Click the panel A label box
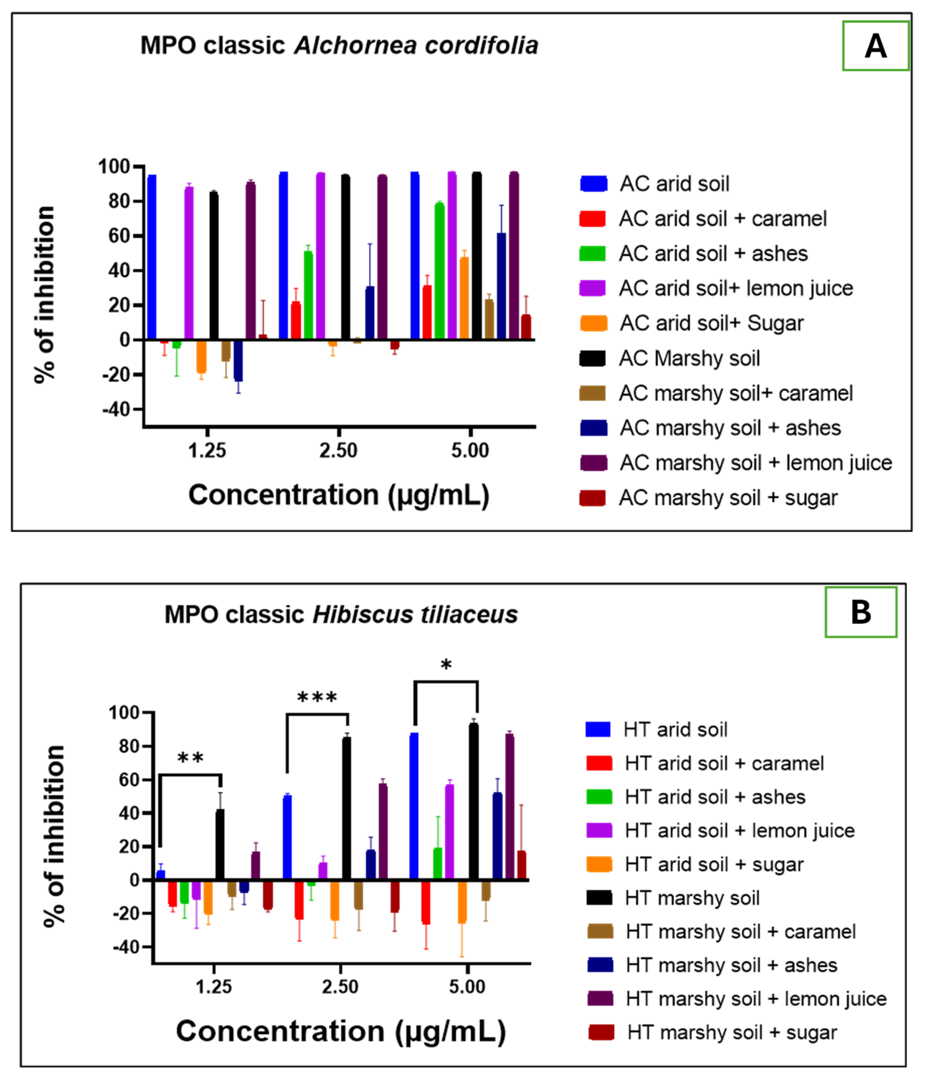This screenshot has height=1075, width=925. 875,46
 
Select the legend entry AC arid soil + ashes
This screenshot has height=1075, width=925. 713,254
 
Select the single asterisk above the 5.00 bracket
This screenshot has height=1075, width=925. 446,664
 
